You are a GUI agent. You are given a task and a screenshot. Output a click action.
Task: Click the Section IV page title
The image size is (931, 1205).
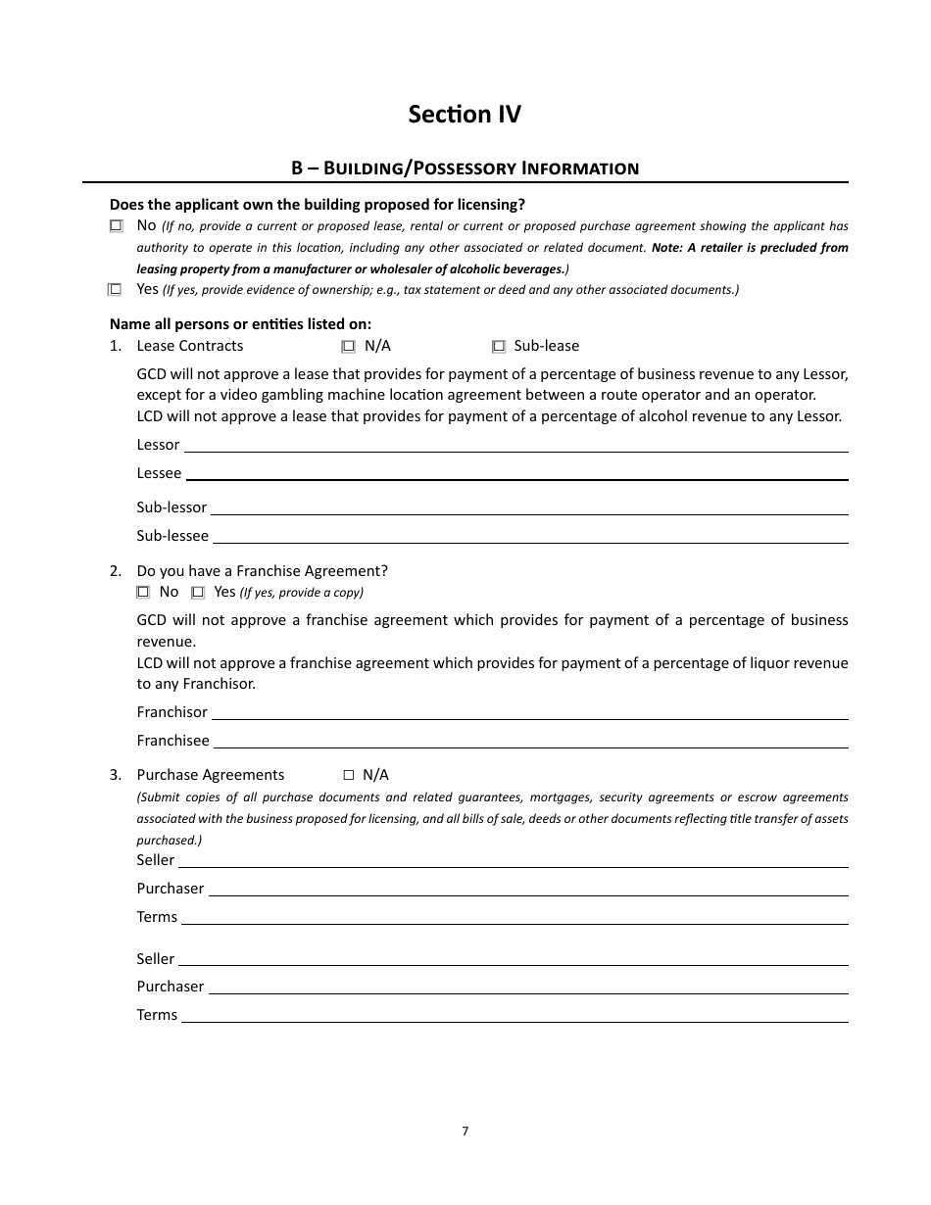pos(465,115)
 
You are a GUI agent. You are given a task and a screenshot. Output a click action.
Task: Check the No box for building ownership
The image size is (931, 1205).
pos(117,225)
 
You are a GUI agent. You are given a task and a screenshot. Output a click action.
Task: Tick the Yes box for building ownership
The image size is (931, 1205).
pos(116,289)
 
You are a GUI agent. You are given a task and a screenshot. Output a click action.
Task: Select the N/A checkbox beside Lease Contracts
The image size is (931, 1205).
pos(348,346)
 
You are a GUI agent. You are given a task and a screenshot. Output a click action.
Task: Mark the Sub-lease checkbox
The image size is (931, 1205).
pos(499,346)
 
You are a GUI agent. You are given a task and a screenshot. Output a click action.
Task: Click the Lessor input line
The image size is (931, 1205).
pos(515,445)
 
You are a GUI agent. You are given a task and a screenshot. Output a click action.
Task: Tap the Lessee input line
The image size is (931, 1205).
pos(516,473)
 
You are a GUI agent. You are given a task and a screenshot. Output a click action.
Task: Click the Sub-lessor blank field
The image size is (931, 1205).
pos(529,507)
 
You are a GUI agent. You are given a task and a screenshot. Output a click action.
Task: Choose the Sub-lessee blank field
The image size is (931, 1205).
pos(530,536)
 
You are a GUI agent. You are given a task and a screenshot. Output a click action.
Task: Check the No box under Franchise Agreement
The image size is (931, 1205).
pos(143,592)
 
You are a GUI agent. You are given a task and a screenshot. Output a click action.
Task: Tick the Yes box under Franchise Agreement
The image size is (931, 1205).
pos(198,592)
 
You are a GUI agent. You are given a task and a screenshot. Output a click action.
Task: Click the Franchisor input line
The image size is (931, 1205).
pos(529,712)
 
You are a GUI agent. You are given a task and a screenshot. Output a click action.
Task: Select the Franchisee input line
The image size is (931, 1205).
pos(530,741)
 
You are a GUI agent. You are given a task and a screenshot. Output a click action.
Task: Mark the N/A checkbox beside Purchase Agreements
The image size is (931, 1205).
pos(348,775)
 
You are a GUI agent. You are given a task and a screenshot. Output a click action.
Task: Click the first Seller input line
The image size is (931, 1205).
pos(513,860)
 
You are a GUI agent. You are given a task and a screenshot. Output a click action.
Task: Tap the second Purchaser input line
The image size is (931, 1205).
pos(528,987)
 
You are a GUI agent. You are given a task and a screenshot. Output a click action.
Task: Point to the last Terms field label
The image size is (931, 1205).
pos(157,1015)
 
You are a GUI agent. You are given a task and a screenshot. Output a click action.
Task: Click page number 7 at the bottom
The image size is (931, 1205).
pos(465,1131)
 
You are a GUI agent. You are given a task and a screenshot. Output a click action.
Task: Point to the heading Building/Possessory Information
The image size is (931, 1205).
pos(465,169)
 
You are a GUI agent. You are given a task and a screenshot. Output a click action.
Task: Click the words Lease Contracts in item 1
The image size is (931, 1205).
pos(190,346)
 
